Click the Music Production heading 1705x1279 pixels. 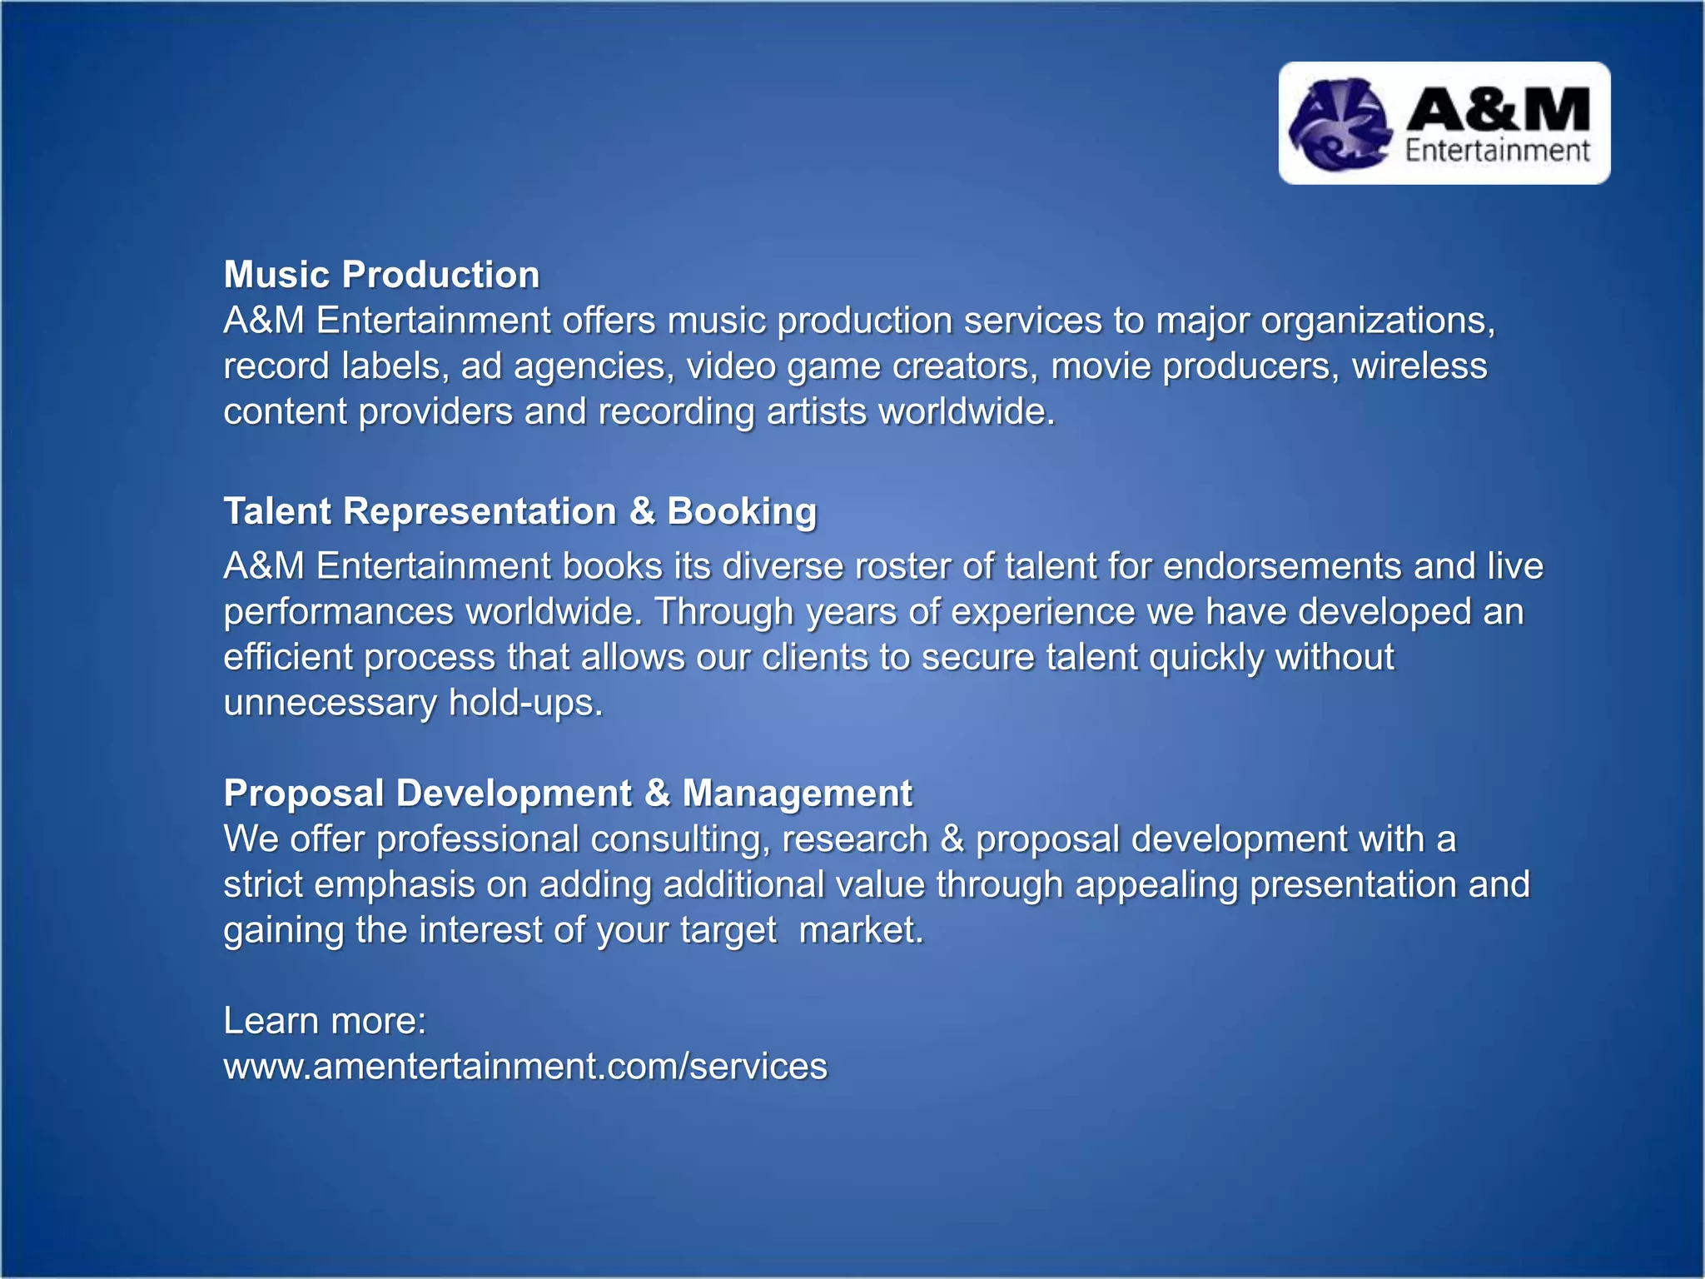click(x=381, y=275)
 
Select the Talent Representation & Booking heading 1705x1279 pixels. click(x=520, y=511)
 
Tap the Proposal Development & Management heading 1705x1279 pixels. click(x=568, y=793)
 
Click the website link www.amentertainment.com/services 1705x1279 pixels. click(x=525, y=1067)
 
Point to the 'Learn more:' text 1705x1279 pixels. click(x=325, y=1021)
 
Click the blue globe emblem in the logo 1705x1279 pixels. click(x=1340, y=125)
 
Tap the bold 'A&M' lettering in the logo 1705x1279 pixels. click(x=1498, y=110)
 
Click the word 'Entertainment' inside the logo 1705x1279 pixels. click(x=1498, y=151)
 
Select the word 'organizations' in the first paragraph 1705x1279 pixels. click(x=1377, y=321)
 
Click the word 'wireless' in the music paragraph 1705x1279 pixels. click(x=1419, y=366)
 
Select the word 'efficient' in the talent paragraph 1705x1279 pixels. click(x=288, y=658)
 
